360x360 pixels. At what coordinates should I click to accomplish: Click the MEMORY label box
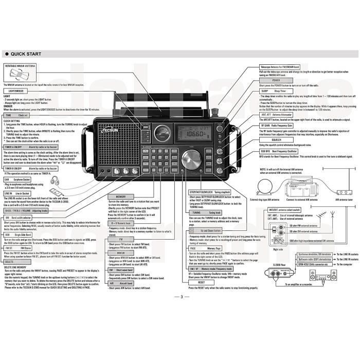[121, 196]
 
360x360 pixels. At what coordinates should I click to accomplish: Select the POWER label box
[276, 81]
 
